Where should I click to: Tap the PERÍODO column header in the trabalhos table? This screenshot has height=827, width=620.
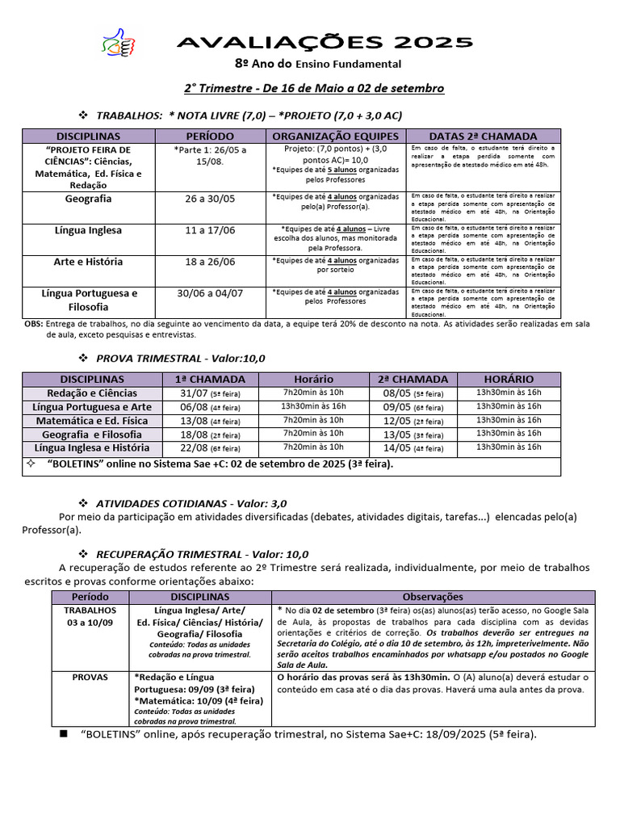click(x=211, y=136)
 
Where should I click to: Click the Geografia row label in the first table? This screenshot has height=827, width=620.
click(x=88, y=199)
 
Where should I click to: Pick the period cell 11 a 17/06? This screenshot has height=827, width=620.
click(x=211, y=230)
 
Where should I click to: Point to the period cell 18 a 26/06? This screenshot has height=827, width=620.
click(x=211, y=262)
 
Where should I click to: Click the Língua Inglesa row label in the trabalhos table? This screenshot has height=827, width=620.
click(x=88, y=230)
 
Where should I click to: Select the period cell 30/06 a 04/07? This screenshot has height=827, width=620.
click(x=211, y=293)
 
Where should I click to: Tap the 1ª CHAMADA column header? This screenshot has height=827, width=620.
click(x=199, y=379)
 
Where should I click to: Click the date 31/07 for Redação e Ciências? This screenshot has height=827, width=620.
click(x=191, y=393)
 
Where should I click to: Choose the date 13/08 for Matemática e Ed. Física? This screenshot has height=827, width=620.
click(x=191, y=420)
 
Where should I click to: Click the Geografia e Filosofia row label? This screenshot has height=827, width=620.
click(x=92, y=434)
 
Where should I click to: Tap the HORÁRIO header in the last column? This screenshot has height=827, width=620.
click(x=509, y=379)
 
